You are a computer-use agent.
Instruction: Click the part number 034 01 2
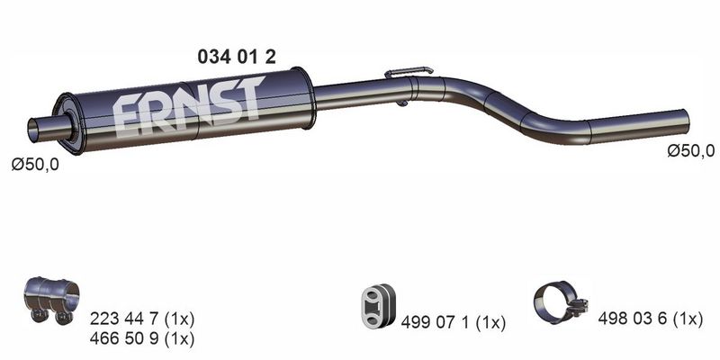(x=237, y=57)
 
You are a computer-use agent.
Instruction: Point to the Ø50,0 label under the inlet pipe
(x=35, y=165)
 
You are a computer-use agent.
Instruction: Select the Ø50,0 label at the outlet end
(x=691, y=150)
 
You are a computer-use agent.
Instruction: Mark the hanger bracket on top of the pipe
(x=409, y=72)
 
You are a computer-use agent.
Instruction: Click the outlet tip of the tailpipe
(x=685, y=120)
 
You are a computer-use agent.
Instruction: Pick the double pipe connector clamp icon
(x=50, y=301)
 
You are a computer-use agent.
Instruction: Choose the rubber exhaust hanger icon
(x=377, y=306)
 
